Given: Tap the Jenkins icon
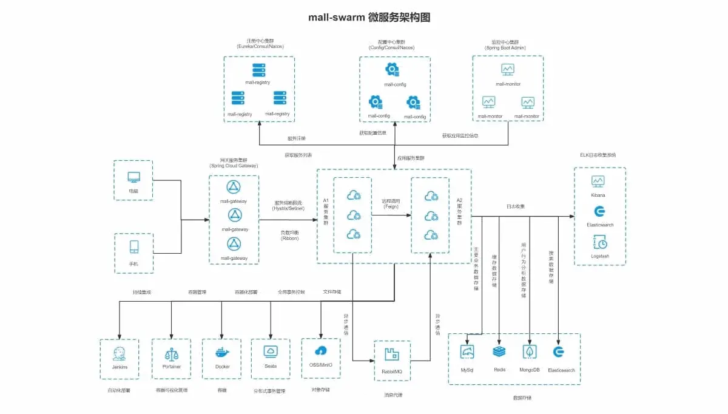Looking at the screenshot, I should pos(119,353).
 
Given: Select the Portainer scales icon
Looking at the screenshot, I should pos(172,353).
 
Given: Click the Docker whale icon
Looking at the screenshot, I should pos(222,353).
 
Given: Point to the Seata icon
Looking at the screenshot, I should pos(271,351).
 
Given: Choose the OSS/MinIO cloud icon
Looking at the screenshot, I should pos(321,351).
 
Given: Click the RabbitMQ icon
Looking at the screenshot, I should pos(392,355).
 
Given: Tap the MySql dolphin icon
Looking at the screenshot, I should pos(467,352).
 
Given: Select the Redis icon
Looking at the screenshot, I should pos(499,352).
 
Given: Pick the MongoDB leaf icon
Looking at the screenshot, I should pos(530,352).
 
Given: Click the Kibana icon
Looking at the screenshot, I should pos(598,181).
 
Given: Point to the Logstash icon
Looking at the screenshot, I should pos(599,242).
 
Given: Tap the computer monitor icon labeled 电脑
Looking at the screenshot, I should pos(133,177).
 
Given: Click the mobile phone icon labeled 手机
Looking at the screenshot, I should pos(133,247).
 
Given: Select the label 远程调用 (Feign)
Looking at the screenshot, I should pos(391,203).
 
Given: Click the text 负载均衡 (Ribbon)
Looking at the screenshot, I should pos(289,235).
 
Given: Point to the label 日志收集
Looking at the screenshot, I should pos(516,207).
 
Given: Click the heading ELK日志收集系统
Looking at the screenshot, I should pos(598,155).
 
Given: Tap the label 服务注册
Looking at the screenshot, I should pos(297,138).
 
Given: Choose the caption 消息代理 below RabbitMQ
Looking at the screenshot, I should pos(393,395).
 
